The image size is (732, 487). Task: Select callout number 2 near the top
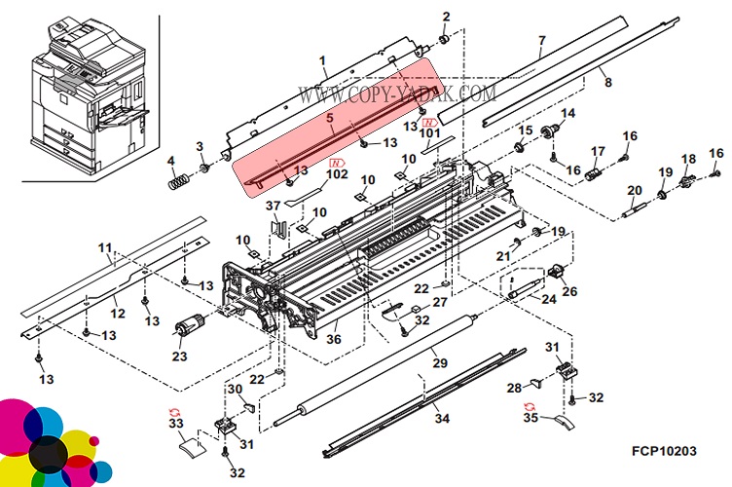pyautogui.click(x=446, y=16)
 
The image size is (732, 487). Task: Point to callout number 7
pyautogui.click(x=541, y=41)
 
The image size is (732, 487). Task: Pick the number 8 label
pyautogui.click(x=607, y=83)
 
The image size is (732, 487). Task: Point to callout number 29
pyautogui.click(x=439, y=363)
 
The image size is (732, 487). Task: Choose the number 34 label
pyautogui.click(x=442, y=419)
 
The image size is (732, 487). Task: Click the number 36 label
pyautogui.click(x=333, y=340)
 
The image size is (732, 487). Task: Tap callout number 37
pyautogui.click(x=273, y=206)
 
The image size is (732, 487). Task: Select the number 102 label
pyautogui.click(x=336, y=175)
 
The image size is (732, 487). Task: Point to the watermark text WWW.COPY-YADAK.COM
pyautogui.click(x=397, y=94)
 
